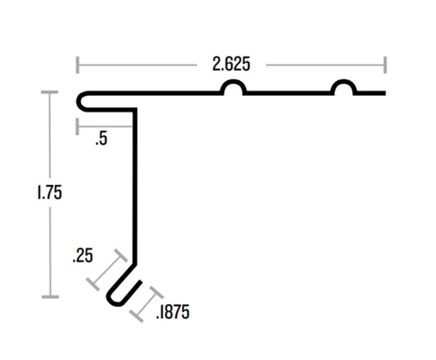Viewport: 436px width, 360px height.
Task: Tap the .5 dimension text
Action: (x=102, y=138)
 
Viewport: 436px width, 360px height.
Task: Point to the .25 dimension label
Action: (x=83, y=256)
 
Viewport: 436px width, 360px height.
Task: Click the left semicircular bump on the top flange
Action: (x=233, y=89)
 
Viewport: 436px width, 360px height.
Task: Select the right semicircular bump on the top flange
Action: (x=343, y=89)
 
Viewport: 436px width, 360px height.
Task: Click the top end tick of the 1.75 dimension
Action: (x=48, y=92)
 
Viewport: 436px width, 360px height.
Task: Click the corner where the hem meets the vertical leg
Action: (x=134, y=110)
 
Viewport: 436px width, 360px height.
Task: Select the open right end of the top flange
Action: (x=384, y=93)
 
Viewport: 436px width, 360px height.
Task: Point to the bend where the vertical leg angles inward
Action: (x=134, y=259)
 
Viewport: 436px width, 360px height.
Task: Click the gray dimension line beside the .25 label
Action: (x=106, y=271)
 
